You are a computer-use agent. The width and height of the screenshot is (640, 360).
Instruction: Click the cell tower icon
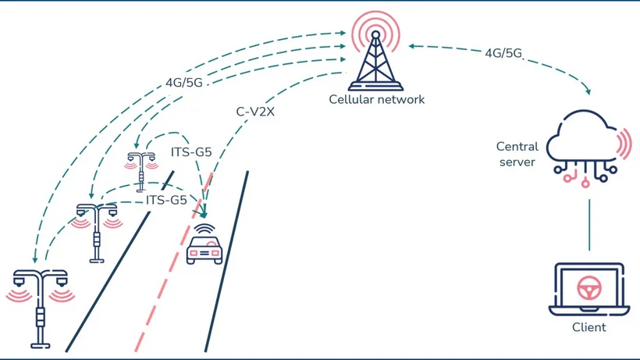coord(375,59)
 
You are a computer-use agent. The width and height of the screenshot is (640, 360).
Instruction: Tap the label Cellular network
coord(376,99)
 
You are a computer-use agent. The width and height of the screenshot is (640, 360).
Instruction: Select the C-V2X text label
coord(254,112)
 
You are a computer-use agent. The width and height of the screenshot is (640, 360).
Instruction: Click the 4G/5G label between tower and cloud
coord(502,54)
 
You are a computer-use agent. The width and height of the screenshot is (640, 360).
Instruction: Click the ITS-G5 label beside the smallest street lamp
coord(191,151)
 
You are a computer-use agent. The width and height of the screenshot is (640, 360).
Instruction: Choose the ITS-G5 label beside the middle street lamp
coord(167,200)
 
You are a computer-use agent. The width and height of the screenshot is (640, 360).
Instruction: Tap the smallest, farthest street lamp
coord(141,169)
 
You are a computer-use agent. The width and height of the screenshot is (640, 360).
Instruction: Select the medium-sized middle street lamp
coord(97,230)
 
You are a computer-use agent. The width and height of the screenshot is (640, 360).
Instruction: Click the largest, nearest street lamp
coord(40,305)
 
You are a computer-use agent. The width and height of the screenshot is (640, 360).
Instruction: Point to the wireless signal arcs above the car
coord(205,229)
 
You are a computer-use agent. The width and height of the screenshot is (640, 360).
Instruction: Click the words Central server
coord(516,154)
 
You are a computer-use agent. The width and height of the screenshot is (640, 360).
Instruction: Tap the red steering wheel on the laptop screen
coord(588,288)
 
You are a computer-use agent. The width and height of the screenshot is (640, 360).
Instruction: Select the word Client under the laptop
coord(588,327)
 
